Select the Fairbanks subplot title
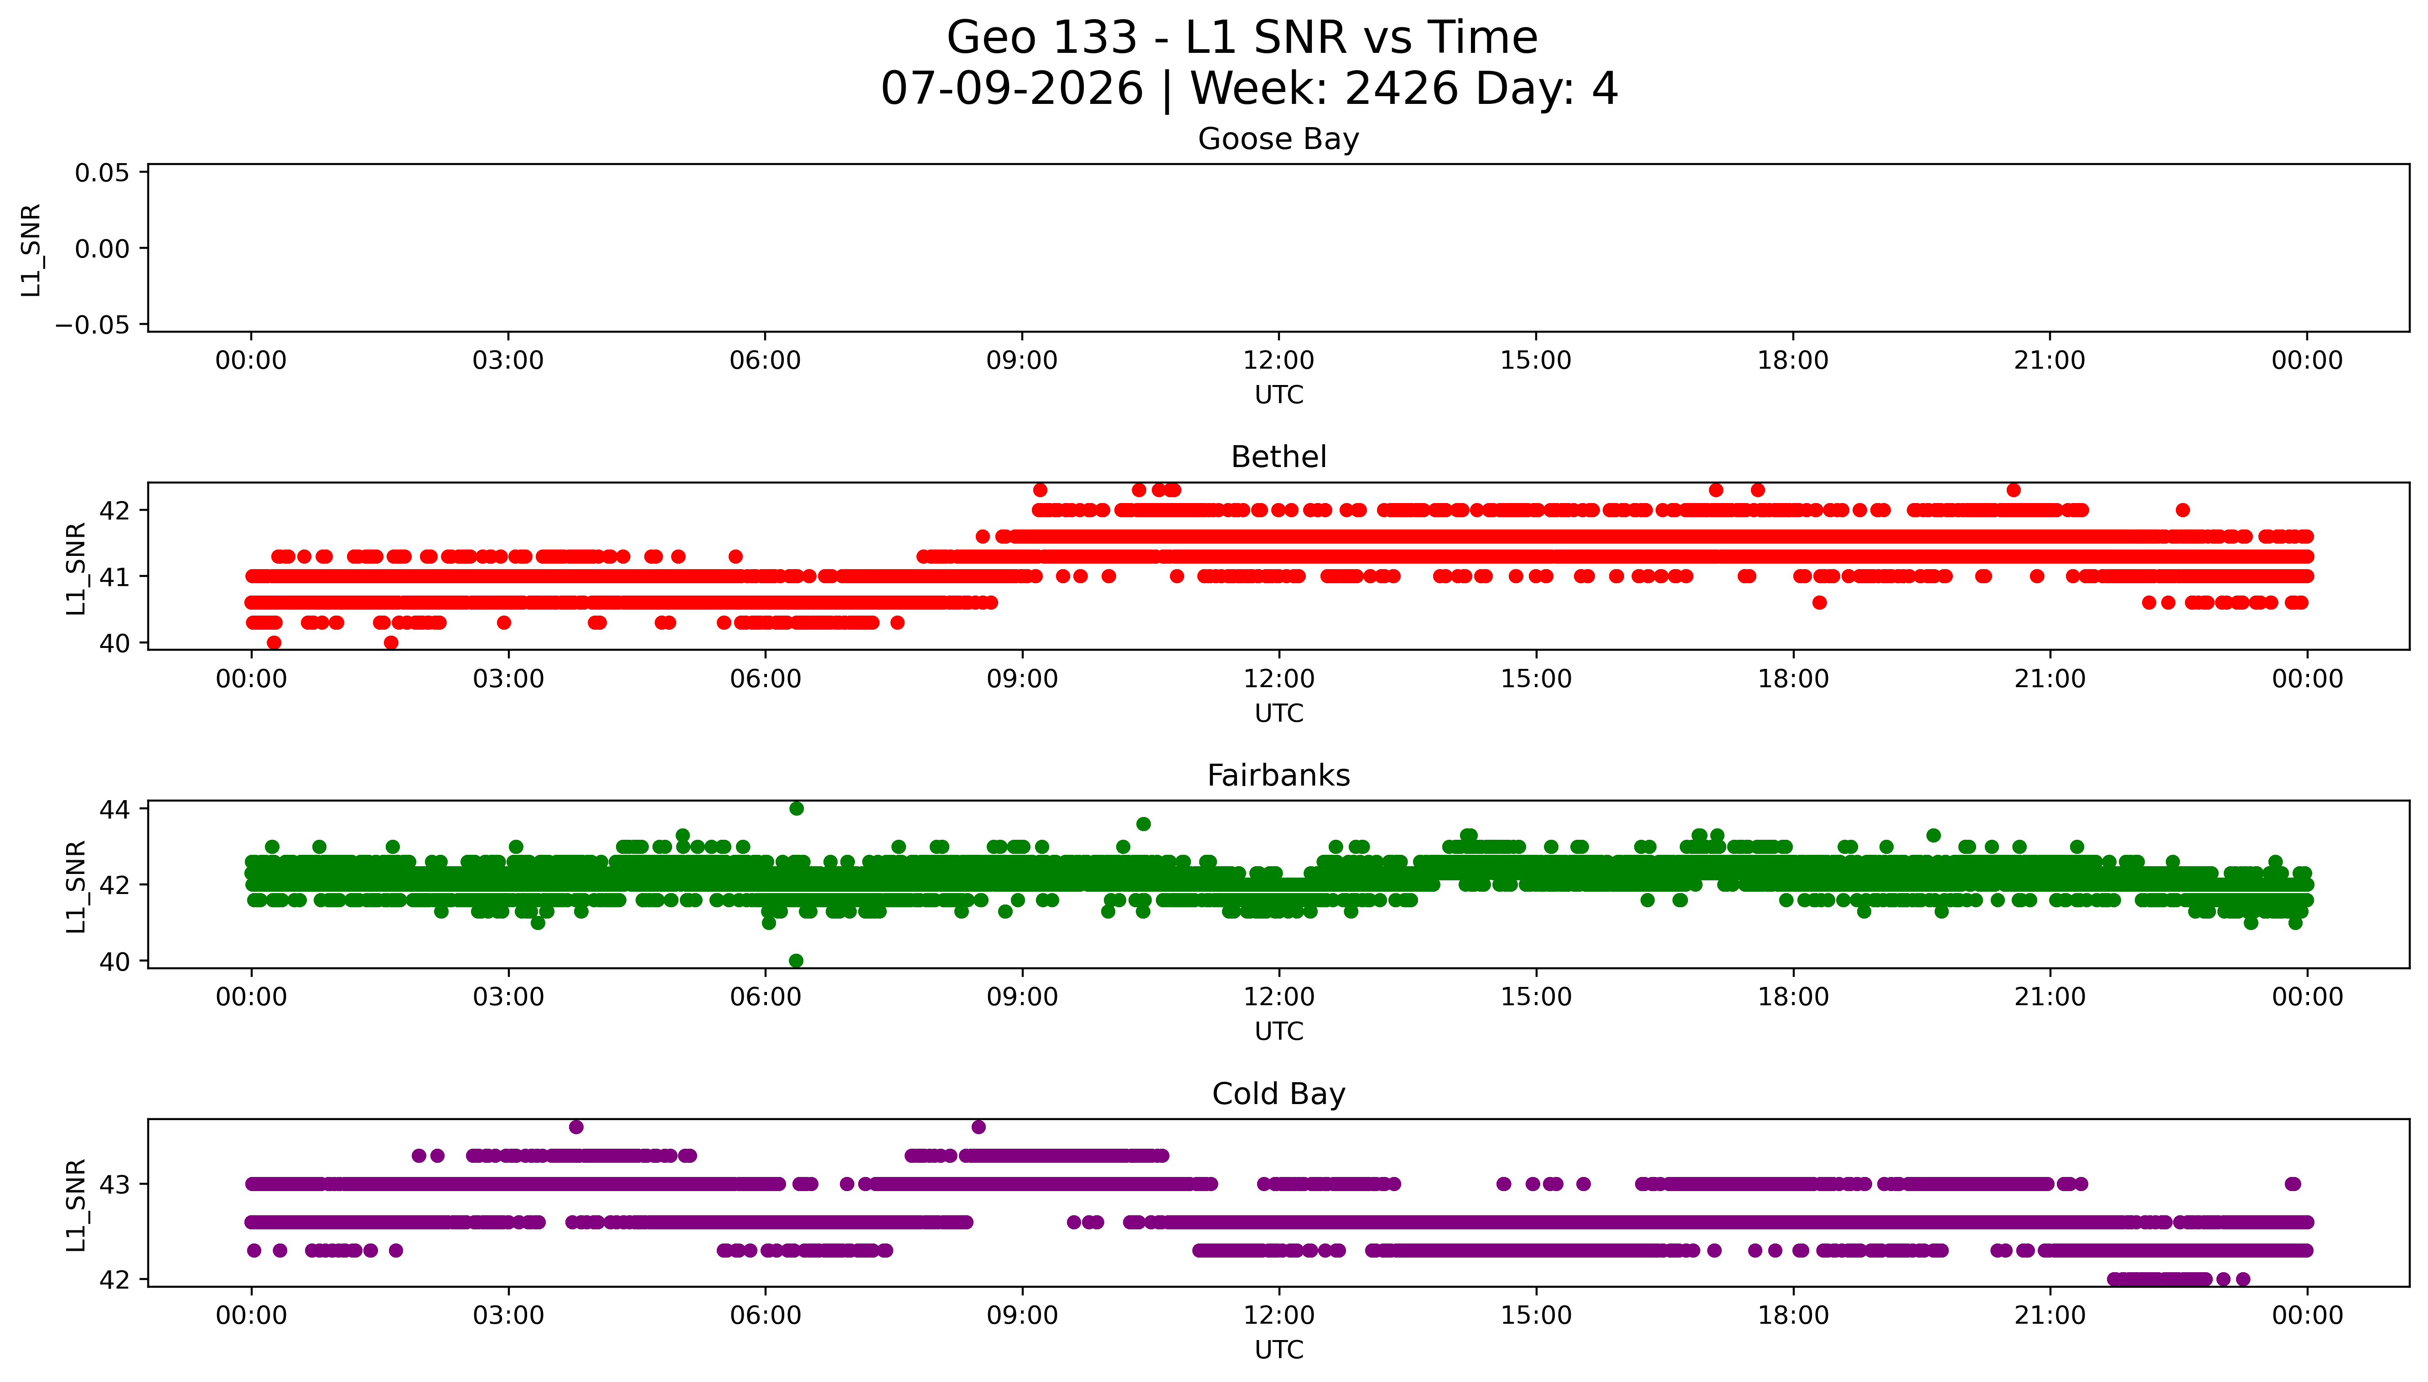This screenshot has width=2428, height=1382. click(x=1278, y=776)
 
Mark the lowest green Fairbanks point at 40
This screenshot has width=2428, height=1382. click(x=796, y=961)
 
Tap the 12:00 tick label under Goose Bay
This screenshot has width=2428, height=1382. click(x=1278, y=361)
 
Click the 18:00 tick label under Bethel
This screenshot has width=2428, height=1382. click(x=1793, y=678)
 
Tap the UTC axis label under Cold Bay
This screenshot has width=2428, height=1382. click(x=1278, y=1350)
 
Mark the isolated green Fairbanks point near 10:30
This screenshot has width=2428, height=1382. click(x=1143, y=824)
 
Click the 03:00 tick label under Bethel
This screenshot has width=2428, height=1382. click(x=508, y=678)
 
